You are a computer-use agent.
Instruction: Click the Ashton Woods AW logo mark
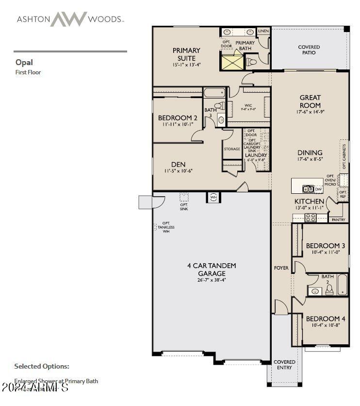(68, 19)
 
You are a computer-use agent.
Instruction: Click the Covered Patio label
(309, 50)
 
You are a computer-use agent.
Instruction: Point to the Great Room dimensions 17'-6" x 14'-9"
(310, 112)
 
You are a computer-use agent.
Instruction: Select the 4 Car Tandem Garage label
(212, 270)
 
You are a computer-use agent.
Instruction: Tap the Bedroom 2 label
(177, 118)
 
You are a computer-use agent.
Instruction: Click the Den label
(178, 164)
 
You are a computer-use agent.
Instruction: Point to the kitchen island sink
(308, 189)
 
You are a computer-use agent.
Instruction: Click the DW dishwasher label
(318, 189)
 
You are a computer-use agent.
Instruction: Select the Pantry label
(338, 220)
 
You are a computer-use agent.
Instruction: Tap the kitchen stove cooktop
(310, 218)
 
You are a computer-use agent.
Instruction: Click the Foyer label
(281, 268)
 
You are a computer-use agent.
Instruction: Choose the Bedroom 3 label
(325, 246)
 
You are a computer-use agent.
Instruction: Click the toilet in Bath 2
(329, 290)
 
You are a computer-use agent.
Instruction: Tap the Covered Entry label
(284, 365)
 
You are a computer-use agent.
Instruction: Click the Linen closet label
(263, 31)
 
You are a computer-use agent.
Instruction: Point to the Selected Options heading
(42, 366)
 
